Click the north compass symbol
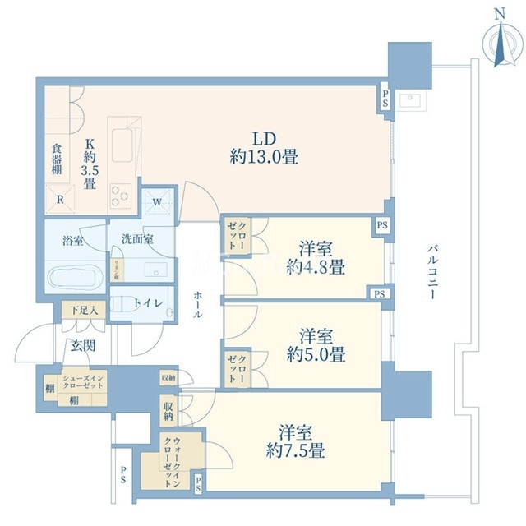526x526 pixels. (500, 41)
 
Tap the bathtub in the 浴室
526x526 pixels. (75, 277)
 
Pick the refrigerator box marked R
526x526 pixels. (59, 199)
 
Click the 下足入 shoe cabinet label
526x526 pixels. (83, 311)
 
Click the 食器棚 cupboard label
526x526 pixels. (56, 158)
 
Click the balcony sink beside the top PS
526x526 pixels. (408, 102)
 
